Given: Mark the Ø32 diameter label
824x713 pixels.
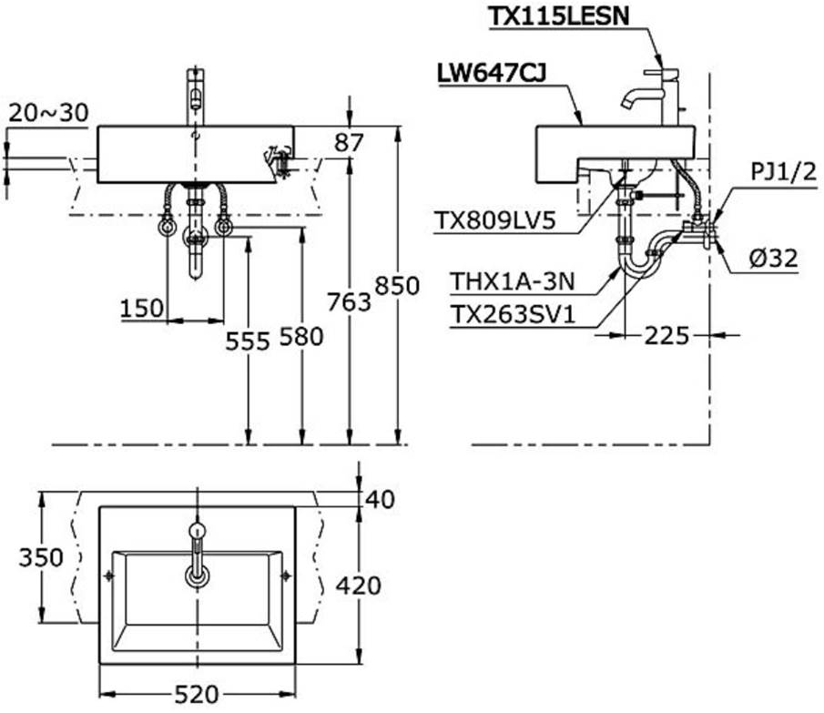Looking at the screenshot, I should pyautogui.click(x=774, y=259).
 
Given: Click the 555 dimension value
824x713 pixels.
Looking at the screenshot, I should pyautogui.click(x=248, y=341).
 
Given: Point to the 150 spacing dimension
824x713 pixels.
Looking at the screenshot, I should pyautogui.click(x=143, y=308).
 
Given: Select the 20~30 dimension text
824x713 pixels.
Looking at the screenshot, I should pyautogui.click(x=48, y=112).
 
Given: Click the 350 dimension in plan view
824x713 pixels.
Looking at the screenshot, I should pyautogui.click(x=42, y=557).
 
